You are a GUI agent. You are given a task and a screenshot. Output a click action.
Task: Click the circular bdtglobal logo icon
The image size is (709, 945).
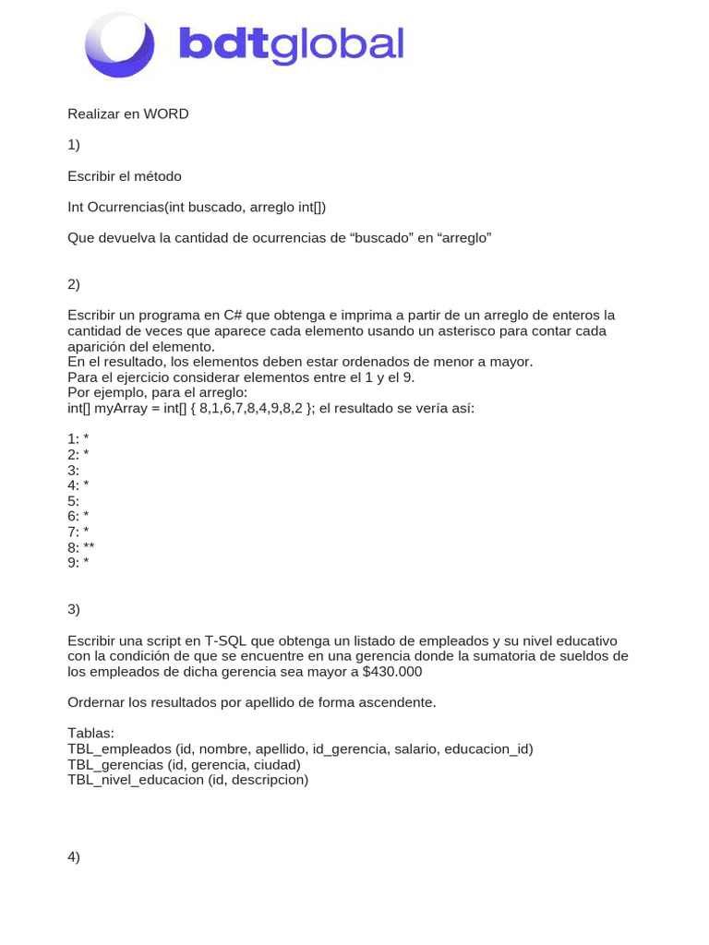coord(120,45)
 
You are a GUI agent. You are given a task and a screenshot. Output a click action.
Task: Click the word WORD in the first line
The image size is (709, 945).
coord(166,114)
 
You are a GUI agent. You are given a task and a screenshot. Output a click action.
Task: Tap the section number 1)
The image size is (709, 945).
coord(74,145)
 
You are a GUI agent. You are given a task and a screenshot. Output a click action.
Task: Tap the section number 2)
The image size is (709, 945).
coord(74,284)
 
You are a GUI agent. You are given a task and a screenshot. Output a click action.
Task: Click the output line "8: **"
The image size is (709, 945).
coord(81,546)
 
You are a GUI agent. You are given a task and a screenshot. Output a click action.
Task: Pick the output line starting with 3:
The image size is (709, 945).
coord(74,470)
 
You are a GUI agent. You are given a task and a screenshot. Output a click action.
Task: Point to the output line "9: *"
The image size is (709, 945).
coord(78,562)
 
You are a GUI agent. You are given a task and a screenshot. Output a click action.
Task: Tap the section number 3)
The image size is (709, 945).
coord(74,609)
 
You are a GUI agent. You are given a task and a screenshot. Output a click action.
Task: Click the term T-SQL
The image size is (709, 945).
coord(224,640)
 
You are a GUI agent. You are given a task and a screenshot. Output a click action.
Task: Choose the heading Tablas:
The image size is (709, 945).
coord(90,734)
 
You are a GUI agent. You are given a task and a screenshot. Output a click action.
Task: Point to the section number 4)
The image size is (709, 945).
coord(74,857)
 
